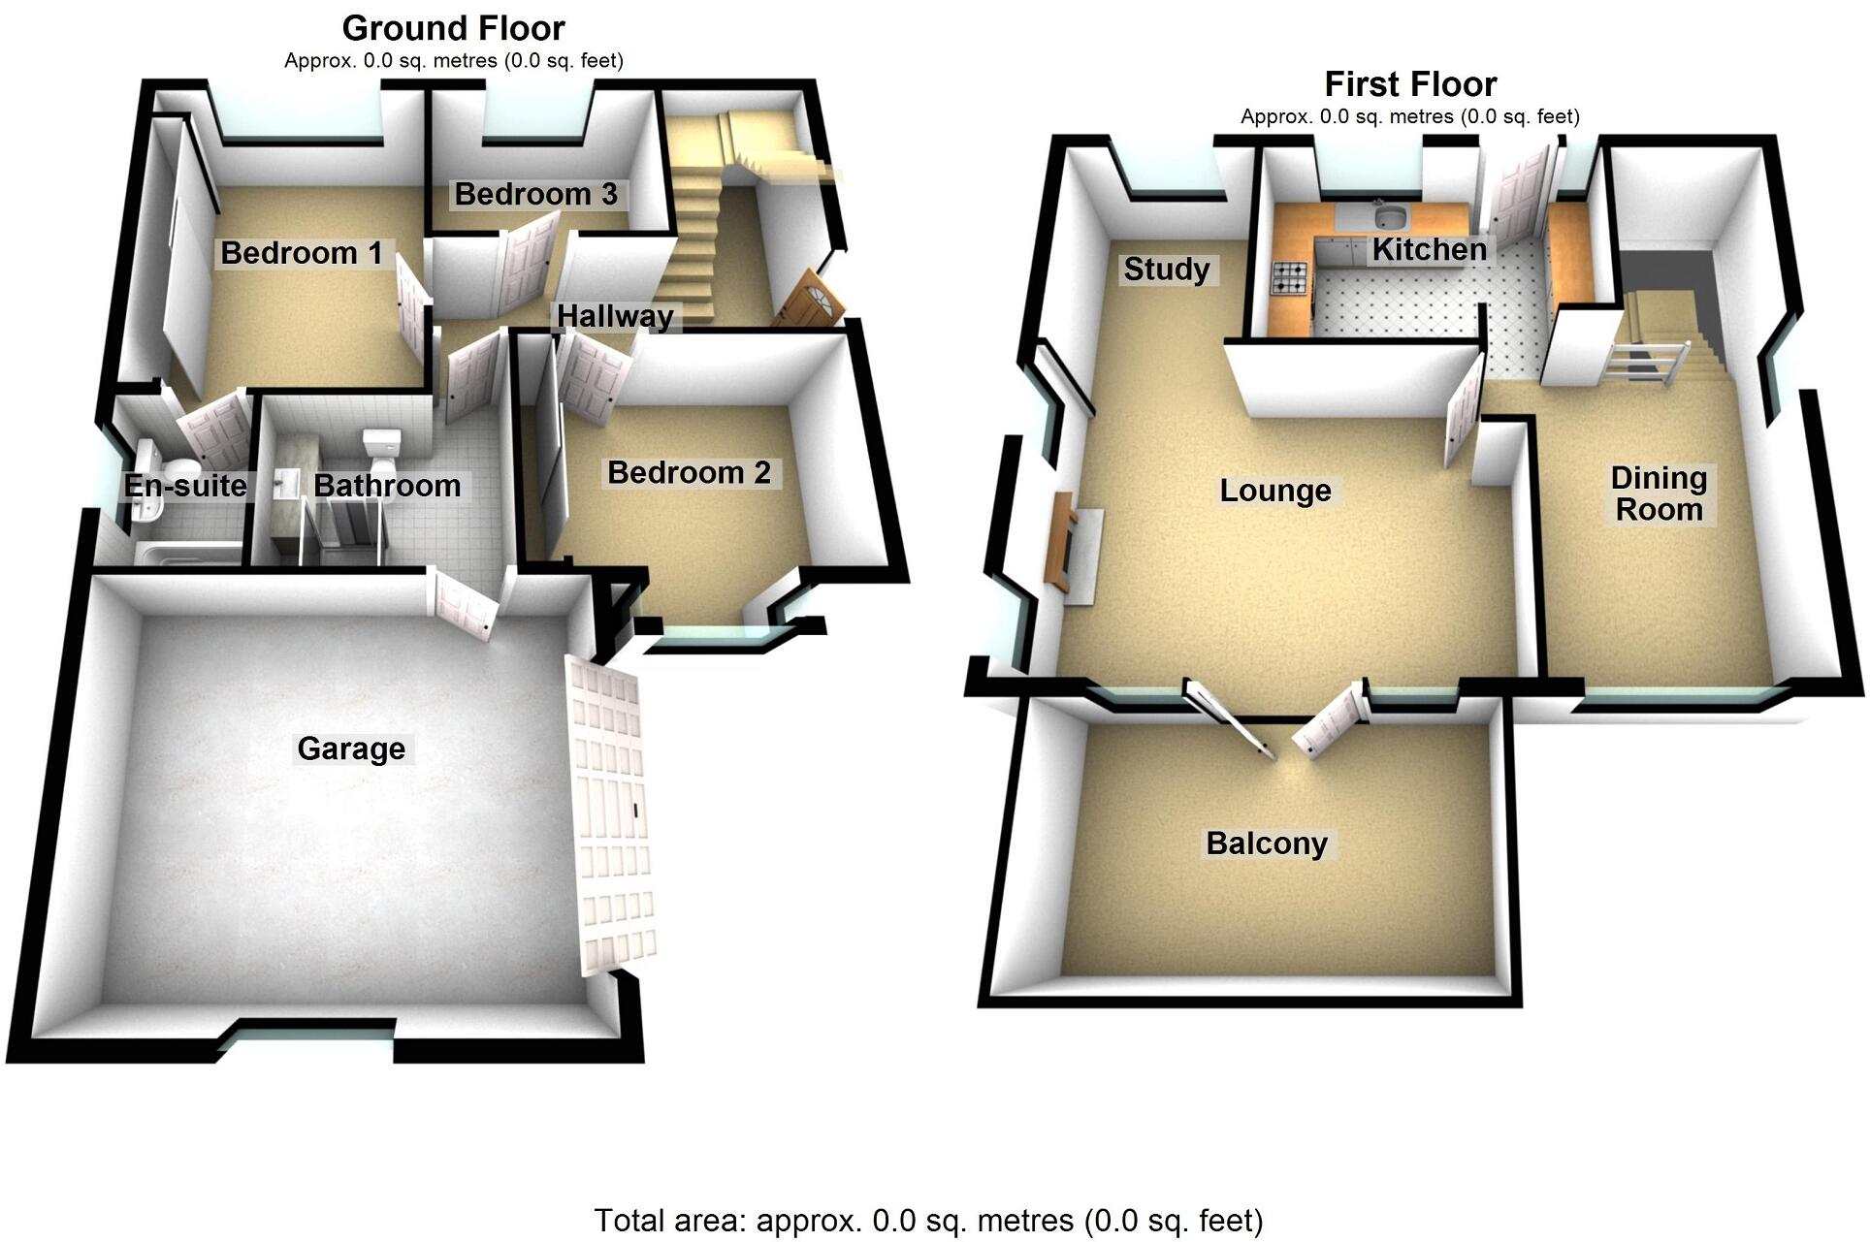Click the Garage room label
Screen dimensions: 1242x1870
pos(351,748)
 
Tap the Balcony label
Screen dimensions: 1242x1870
pos(1266,844)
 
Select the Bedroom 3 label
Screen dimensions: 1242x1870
pos(535,194)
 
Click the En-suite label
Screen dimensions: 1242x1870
pos(185,485)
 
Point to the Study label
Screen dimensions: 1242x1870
pos(1166,269)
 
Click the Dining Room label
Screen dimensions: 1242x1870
pos(1659,494)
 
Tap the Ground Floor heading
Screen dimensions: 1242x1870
pos(453,28)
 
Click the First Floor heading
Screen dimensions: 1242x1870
pos(1409,84)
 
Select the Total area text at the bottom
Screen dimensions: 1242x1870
pos(927,1220)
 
